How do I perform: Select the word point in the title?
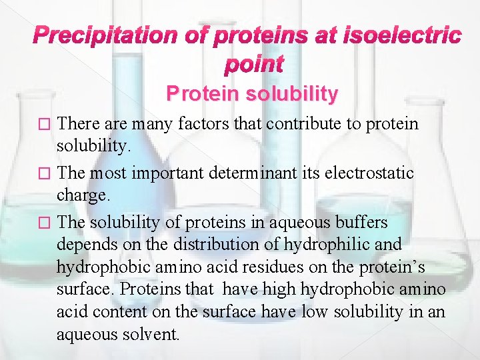pyautogui.click(x=253, y=64)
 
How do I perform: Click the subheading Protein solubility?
pyautogui.click(x=252, y=93)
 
